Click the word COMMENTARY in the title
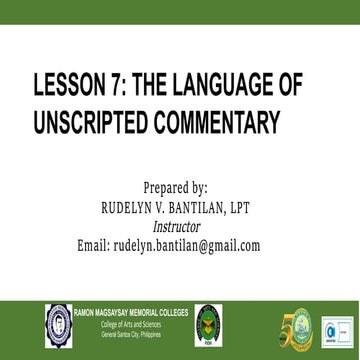[211, 124]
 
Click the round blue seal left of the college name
[55, 303]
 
